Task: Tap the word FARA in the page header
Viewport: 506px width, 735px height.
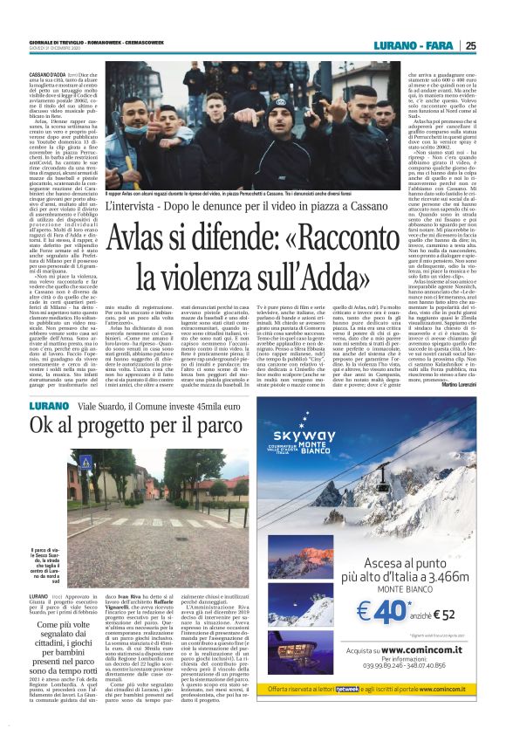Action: point(435,45)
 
